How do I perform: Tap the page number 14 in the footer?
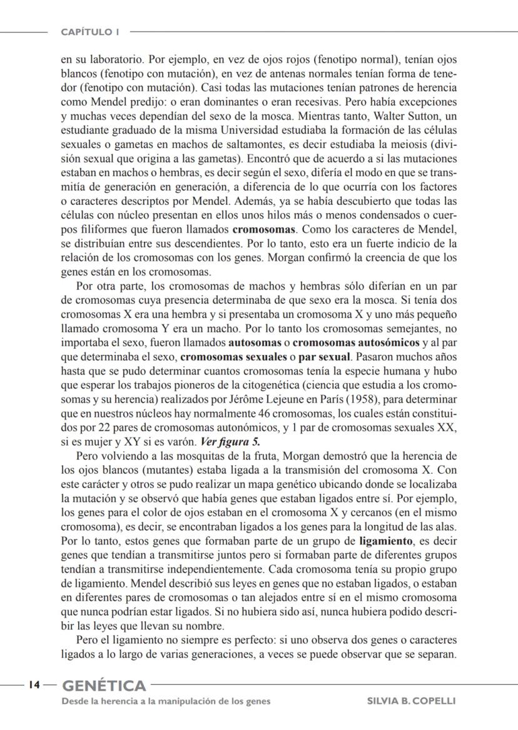tap(34, 685)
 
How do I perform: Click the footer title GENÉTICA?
tap(104, 686)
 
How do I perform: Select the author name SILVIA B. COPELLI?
tap(411, 701)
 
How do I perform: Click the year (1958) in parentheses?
tap(376, 399)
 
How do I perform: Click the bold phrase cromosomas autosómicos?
tap(356, 343)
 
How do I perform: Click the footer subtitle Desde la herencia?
tap(166, 701)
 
